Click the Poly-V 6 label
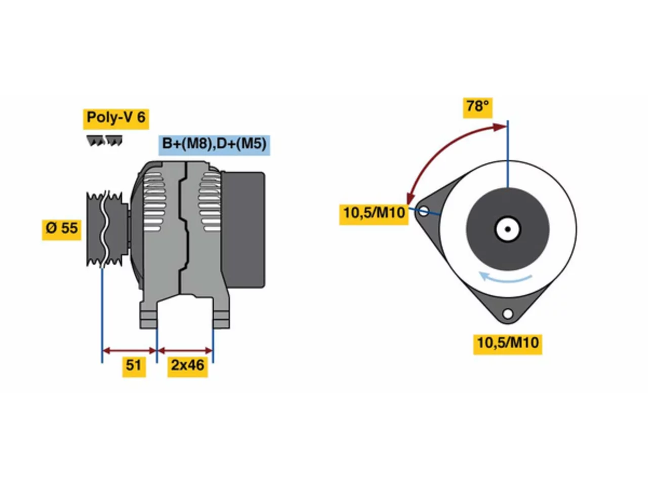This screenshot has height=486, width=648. (116, 118)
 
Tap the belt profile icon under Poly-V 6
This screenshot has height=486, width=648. (104, 140)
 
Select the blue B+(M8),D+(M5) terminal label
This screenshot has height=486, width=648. (214, 145)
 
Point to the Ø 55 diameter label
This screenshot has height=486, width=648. (61, 229)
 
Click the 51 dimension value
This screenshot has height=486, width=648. (134, 367)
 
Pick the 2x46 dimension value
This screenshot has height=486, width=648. (187, 367)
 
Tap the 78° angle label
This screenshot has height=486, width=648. (477, 107)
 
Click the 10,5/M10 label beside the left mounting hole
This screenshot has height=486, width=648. (374, 214)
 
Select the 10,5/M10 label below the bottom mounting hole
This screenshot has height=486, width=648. (507, 344)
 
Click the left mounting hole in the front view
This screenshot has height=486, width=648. (423, 211)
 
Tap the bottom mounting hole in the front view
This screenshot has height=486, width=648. (507, 313)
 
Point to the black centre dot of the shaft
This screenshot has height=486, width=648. (508, 229)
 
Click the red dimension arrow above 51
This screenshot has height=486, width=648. (129, 350)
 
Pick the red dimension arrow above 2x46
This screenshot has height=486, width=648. (185, 350)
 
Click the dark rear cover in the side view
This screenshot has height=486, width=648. (244, 229)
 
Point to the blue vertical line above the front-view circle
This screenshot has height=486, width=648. (508, 154)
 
